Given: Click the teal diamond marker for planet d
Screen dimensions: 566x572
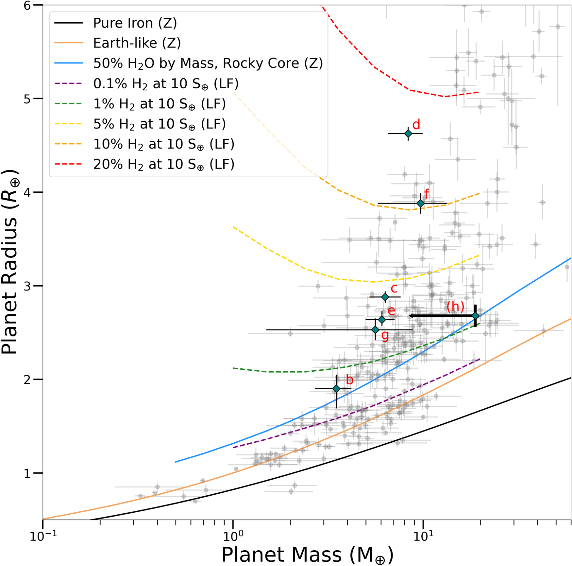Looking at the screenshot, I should click(408, 133).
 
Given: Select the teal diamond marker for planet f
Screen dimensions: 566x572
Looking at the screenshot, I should click(420, 203).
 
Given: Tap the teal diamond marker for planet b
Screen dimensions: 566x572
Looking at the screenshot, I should click(336, 389).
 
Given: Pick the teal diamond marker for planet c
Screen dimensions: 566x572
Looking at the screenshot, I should click(385, 297).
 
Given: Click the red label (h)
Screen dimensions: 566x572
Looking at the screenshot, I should click(455, 307).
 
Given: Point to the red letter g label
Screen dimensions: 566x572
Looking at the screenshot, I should click(385, 335).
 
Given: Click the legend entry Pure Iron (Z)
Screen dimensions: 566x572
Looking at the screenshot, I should click(135, 23).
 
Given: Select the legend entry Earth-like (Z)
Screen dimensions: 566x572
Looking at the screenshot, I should click(137, 43).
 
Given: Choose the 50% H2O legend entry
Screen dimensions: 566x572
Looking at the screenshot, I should click(208, 63).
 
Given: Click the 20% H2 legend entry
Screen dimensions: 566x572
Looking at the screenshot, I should click(163, 164).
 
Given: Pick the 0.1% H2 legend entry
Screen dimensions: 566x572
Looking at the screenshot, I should click(166, 84).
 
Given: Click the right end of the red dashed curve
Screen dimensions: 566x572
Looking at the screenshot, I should click(479, 92).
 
